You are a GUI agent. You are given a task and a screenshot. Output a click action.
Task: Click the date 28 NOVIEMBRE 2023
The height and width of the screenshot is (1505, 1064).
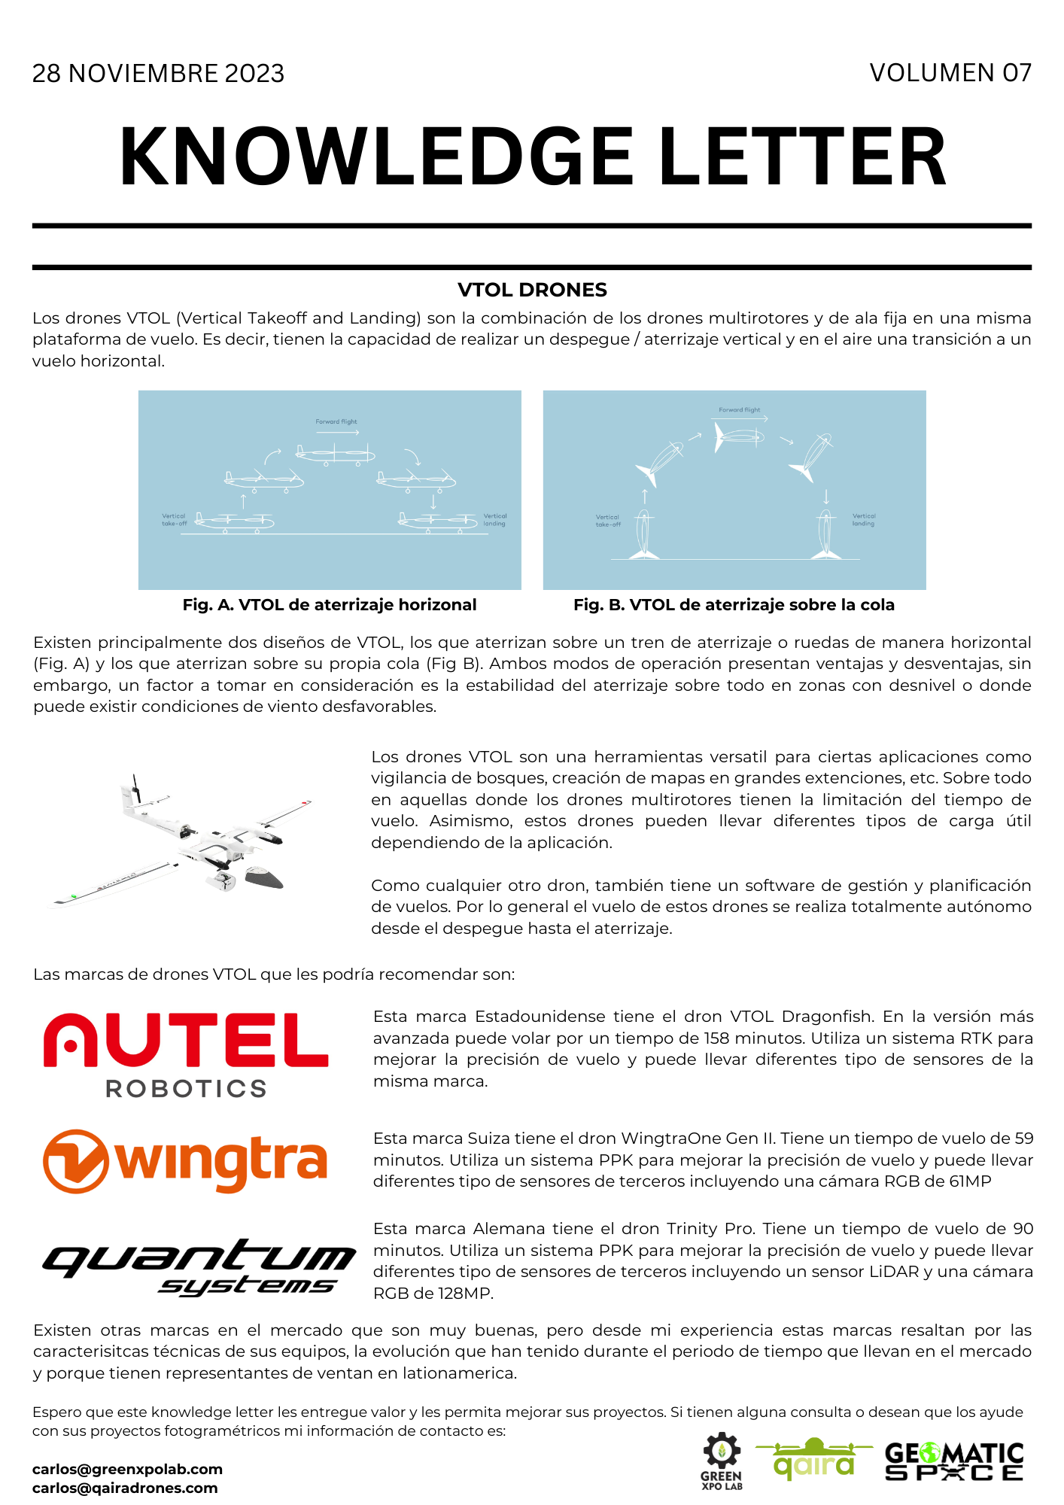click(x=158, y=74)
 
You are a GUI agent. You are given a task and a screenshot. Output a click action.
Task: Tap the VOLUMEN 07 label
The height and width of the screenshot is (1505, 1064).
click(x=950, y=73)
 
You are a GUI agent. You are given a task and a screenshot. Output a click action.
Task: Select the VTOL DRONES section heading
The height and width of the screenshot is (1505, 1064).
click(x=532, y=290)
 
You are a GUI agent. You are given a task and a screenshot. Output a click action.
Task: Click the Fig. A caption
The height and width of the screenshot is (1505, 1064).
click(x=329, y=605)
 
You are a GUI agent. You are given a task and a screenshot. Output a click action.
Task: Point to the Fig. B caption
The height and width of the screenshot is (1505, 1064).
click(x=734, y=605)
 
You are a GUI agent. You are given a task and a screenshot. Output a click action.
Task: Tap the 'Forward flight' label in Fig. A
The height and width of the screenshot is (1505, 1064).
click(x=336, y=422)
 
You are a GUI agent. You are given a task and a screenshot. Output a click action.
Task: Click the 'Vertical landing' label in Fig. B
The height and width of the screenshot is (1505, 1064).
click(x=863, y=520)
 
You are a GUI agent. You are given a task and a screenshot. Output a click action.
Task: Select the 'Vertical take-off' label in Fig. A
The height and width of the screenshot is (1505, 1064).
click(x=174, y=520)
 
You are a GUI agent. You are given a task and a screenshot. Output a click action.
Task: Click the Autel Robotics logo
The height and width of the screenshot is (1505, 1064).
click(x=186, y=1053)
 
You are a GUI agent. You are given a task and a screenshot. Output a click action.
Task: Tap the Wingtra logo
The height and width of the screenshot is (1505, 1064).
click(x=185, y=1160)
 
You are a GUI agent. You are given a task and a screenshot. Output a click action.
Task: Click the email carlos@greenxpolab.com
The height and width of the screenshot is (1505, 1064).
click(x=127, y=1469)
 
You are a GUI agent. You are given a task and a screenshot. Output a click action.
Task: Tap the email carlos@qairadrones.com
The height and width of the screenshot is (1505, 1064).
click(x=125, y=1488)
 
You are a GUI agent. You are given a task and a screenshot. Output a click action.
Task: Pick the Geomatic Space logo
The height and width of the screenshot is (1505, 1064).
click(x=954, y=1461)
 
